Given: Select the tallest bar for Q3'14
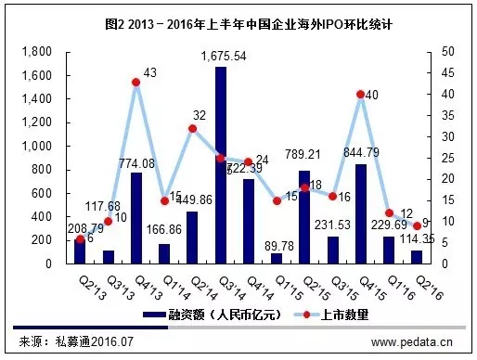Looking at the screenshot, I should coord(220,167).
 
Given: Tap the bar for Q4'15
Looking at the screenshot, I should coord(360,214).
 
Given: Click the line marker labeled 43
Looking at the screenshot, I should coord(135,83).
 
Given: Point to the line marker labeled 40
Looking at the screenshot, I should coord(360,95).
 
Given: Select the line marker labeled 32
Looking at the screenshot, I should coord(192,128).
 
